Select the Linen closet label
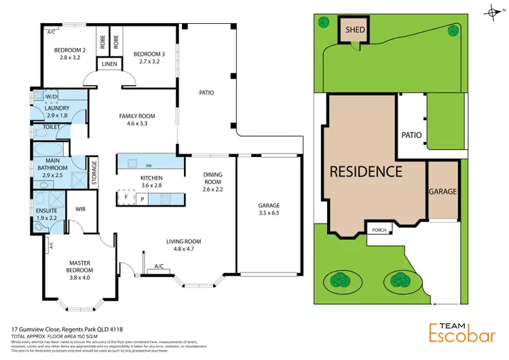(109, 65)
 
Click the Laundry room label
(57, 108)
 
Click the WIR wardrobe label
(79, 209)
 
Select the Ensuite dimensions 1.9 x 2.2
(48, 217)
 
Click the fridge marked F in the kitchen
(126, 198)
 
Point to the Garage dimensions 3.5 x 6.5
(269, 213)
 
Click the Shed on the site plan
(353, 31)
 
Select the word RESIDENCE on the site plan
(366, 172)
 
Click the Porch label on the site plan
(379, 230)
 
